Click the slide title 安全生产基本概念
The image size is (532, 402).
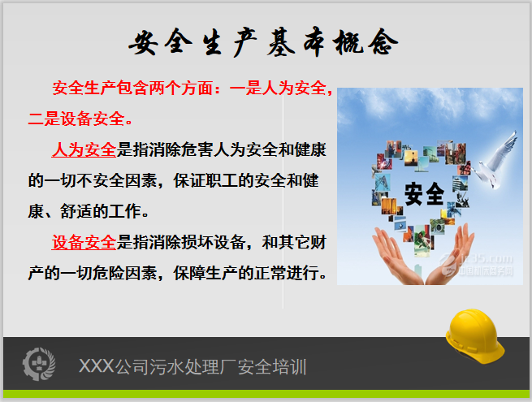[x=263, y=43]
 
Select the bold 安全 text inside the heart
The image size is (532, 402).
[x=424, y=193]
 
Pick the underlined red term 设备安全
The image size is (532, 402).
[x=84, y=241]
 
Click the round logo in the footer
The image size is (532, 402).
[x=38, y=365]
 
